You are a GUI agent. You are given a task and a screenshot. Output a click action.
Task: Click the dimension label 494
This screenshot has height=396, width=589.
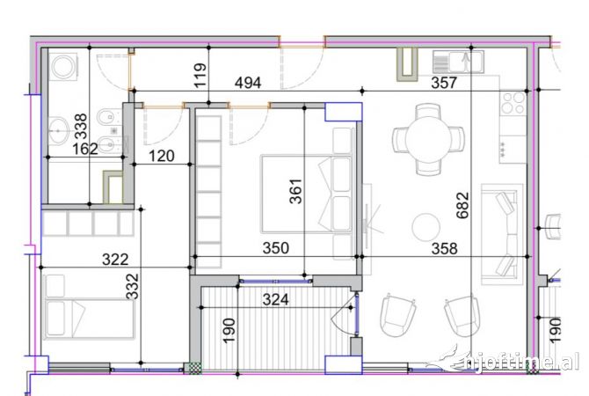[249, 84]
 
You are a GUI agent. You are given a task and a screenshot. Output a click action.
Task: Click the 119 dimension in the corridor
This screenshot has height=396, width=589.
[200, 77]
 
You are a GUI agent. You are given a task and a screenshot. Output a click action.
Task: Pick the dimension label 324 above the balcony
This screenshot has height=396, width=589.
[277, 299]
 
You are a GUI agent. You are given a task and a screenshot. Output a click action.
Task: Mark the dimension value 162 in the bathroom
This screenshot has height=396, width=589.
[84, 150]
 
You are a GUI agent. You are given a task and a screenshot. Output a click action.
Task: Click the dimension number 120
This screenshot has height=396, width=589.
[161, 158]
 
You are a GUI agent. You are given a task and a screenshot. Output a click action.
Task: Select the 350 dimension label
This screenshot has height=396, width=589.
[276, 249]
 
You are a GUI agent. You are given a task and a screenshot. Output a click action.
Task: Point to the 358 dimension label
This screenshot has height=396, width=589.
[445, 249]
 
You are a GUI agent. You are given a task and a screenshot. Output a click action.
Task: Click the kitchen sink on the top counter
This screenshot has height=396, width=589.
[458, 62]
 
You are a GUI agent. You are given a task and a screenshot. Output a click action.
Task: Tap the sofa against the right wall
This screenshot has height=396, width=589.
[505, 233]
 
